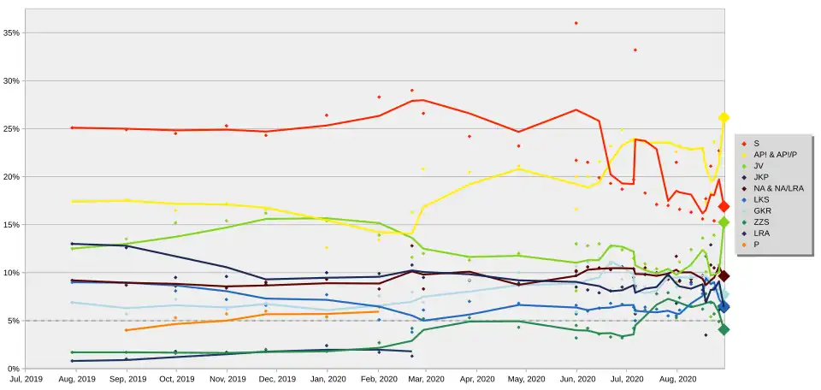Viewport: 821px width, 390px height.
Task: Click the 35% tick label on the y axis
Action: pos(12,32)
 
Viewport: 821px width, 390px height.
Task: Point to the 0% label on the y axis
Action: pos(14,369)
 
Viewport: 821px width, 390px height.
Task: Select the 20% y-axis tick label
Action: pos(12,177)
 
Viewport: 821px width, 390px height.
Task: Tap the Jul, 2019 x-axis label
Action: pos(26,378)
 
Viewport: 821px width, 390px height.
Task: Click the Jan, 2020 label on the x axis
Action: pos(326,378)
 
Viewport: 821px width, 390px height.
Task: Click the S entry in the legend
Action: pos(757,143)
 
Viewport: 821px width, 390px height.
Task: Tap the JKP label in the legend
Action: pos(761,176)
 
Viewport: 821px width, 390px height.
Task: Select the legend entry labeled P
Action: pos(757,244)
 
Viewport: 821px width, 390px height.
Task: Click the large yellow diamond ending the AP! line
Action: pos(724,117)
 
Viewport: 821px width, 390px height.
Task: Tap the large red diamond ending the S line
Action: pos(724,206)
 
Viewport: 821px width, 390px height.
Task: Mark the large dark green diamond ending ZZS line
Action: pos(724,329)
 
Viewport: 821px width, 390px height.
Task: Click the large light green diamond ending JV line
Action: pos(724,222)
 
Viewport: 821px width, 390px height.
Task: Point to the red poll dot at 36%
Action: pos(576,23)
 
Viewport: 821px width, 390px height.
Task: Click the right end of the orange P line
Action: pos(377,311)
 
